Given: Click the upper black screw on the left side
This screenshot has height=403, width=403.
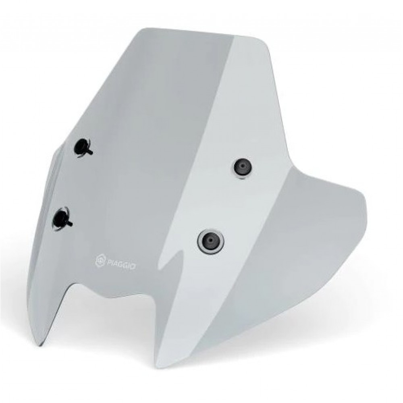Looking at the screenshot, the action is (x=83, y=147).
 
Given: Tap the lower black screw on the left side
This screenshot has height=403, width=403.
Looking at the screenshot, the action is (x=62, y=219).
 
